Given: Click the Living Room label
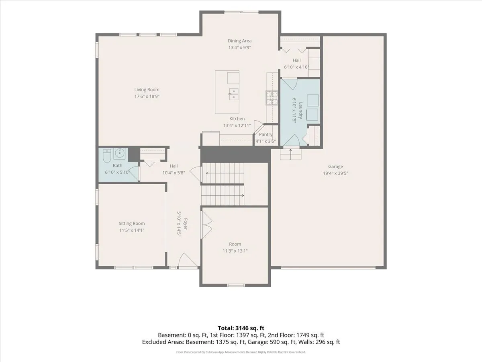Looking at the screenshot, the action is click(x=147, y=89).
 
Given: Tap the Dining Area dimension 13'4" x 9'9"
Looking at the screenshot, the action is click(x=239, y=47).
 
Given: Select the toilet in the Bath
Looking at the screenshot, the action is click(x=107, y=156).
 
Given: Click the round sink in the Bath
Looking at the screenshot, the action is click(x=119, y=153).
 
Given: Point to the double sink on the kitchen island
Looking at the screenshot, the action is click(x=233, y=94).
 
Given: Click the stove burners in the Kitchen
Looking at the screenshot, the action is click(x=272, y=98).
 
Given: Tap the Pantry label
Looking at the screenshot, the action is click(x=266, y=134).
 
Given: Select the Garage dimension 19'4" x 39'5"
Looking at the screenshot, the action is click(x=335, y=173).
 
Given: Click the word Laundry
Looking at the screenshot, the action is click(x=300, y=111).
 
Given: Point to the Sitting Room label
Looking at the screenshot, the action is click(x=131, y=223).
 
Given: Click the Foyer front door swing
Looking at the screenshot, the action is click(x=188, y=260).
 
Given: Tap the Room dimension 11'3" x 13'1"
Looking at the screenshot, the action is click(x=235, y=251).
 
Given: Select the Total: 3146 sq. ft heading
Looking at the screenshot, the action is click(x=241, y=328).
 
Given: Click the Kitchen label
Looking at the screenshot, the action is click(x=237, y=119).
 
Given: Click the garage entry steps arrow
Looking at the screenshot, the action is click(x=290, y=154).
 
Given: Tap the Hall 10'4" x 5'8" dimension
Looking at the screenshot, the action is click(x=174, y=173).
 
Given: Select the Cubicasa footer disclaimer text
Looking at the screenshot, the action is click(x=241, y=352).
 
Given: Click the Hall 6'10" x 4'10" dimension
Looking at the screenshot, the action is click(x=296, y=67).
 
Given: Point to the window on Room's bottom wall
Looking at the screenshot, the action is click(x=236, y=285).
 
